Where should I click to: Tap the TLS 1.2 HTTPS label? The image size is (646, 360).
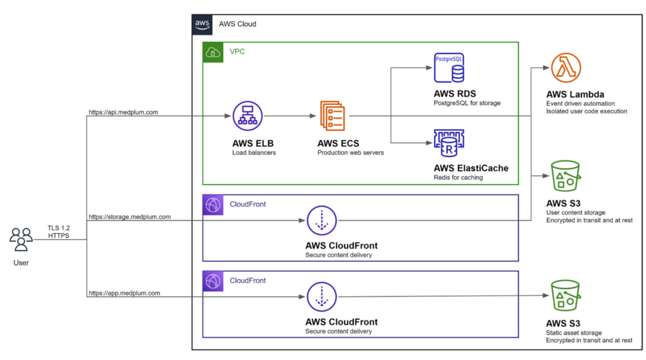click(59, 231)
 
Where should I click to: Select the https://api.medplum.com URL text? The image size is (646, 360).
click(123, 112)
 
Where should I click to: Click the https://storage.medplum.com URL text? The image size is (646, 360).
click(129, 217)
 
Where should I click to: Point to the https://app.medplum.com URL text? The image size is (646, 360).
click(124, 293)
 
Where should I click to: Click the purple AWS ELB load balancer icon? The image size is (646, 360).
click(247, 116)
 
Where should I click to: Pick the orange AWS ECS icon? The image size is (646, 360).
click(332, 116)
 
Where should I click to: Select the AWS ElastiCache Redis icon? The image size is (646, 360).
click(449, 142)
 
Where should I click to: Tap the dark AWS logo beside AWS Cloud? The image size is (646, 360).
click(203, 24)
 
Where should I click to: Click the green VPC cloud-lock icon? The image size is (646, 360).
click(212, 52)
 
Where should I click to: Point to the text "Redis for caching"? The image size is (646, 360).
click(458, 177)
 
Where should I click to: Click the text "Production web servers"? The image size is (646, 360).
click(350, 153)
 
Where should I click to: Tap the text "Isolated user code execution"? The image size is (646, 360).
click(587, 111)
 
